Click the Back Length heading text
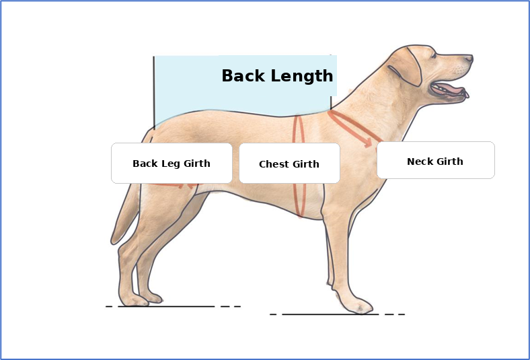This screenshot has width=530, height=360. click(277, 76)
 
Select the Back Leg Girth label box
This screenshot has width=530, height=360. click(172, 163)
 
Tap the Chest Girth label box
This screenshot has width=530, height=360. click(289, 164)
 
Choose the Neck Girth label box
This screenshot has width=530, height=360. click(435, 160)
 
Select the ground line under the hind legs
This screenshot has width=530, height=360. click(168, 306)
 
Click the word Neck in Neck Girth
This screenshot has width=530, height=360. click(420, 161)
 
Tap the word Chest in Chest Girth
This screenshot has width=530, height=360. click(274, 164)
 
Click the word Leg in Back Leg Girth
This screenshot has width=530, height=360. click(169, 164)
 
